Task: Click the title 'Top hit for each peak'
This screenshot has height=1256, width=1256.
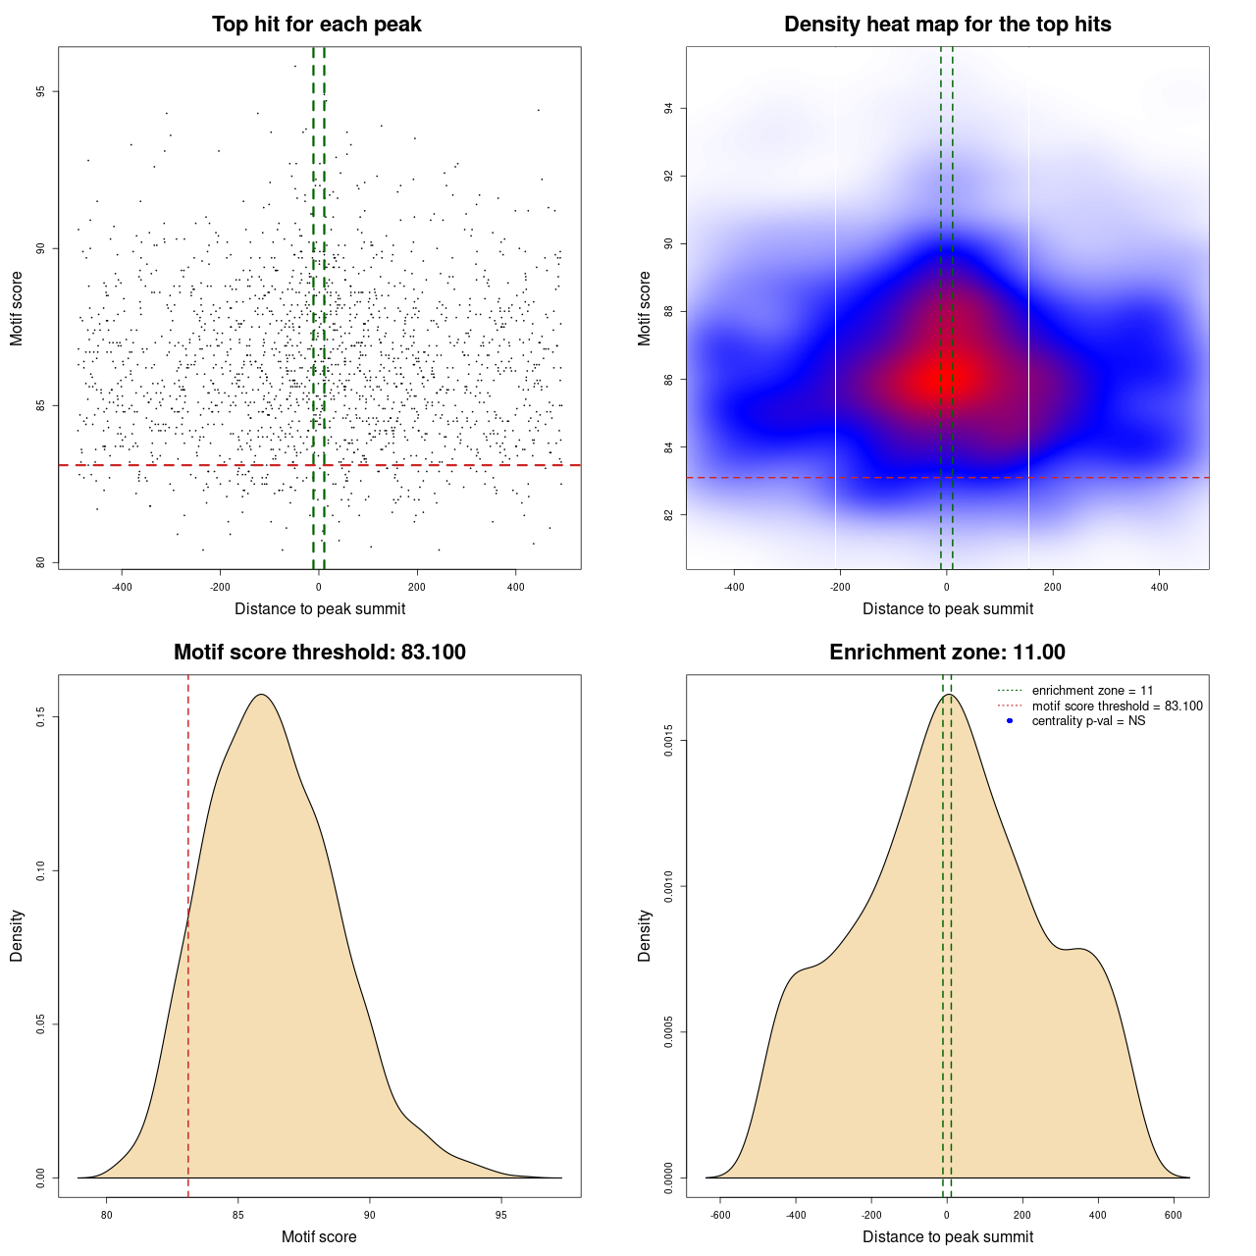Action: pos(316,25)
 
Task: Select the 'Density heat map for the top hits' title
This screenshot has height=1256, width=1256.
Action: pos(947,25)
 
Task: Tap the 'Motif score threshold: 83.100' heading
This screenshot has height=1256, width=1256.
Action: pos(319,653)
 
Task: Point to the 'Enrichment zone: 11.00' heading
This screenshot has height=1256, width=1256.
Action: pos(947,653)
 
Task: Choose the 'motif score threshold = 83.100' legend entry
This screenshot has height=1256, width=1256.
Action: pos(1117,706)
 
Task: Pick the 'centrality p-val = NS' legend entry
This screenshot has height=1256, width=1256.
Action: pos(1088,721)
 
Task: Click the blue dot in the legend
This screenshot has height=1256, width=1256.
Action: pos(1010,721)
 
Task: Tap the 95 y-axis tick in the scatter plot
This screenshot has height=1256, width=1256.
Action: pos(40,92)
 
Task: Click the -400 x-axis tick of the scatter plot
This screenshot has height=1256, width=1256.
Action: pos(122,587)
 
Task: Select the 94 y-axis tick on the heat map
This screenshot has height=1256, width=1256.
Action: pos(668,108)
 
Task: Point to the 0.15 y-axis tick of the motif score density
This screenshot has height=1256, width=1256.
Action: pos(40,717)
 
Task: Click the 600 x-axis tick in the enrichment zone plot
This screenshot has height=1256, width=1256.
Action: pos(1173,1215)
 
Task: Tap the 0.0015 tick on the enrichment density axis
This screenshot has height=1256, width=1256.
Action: pos(668,741)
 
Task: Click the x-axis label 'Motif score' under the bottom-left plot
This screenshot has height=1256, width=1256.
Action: pos(319,1236)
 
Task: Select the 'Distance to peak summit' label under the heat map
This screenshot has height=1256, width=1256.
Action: pos(947,608)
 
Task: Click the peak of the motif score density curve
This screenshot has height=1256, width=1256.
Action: pos(261,695)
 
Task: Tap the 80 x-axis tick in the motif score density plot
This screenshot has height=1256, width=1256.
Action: pos(107,1215)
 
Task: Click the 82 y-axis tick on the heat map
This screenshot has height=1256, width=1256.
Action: pos(668,515)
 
